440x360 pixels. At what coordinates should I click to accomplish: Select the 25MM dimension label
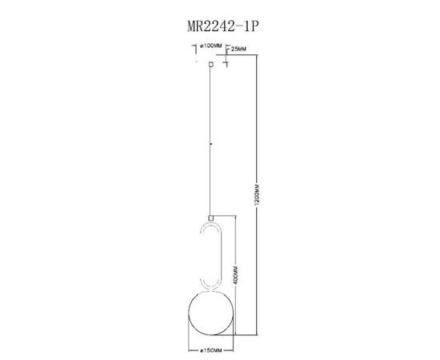238,50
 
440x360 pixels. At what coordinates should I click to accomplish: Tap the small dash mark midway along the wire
210,145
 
